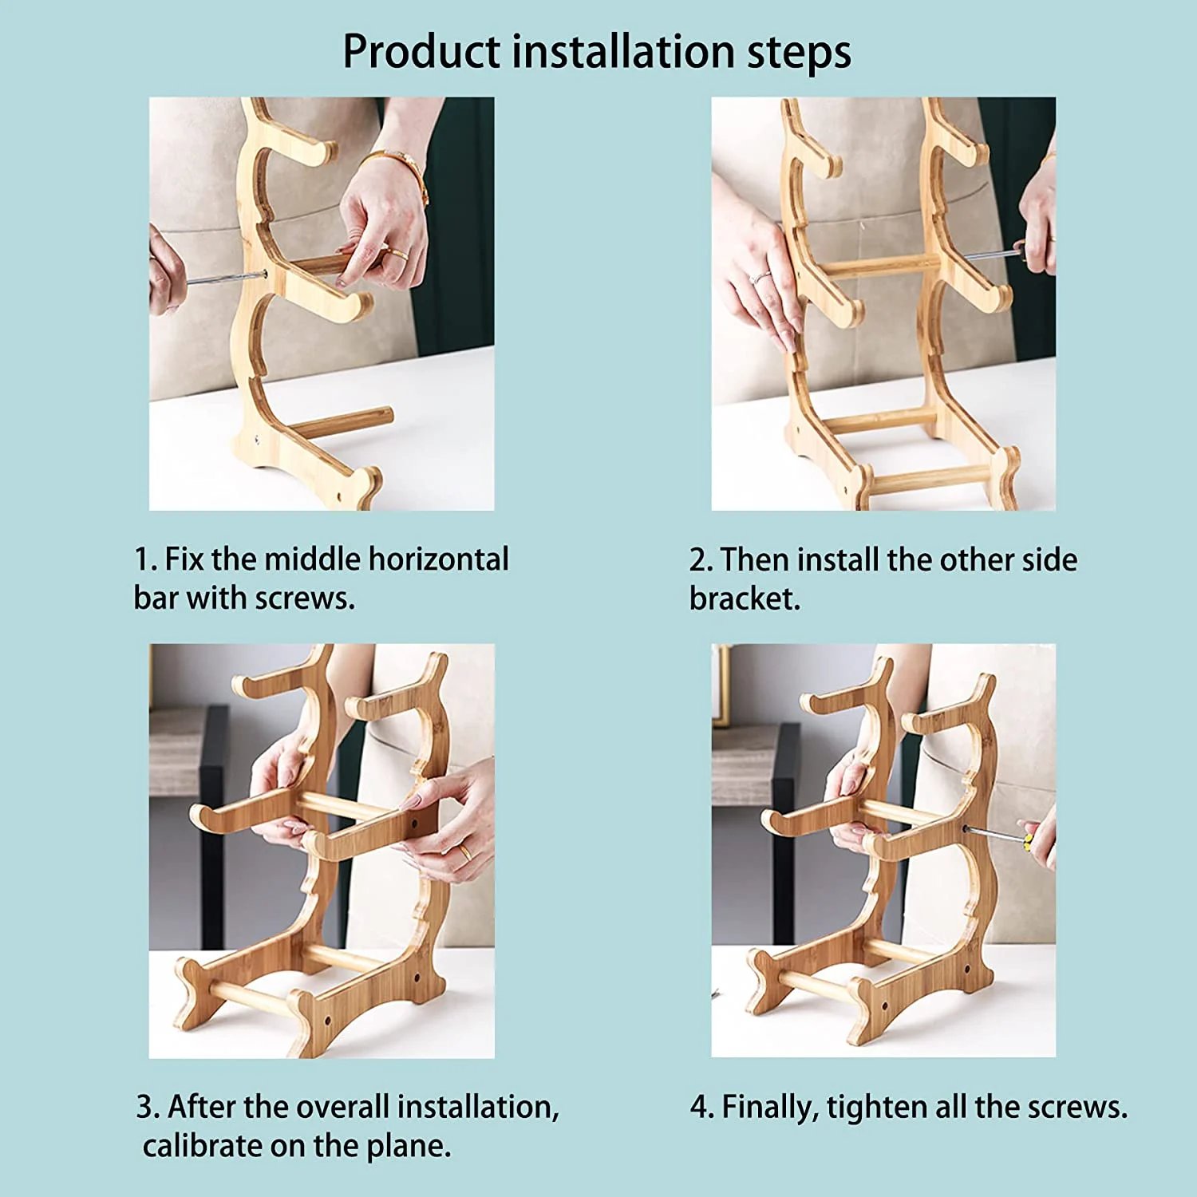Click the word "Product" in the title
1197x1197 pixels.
tap(421, 53)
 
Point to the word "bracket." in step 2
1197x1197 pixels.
tap(745, 598)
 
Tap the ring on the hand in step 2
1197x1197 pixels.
tap(760, 277)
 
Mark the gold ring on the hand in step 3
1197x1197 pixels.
tap(464, 853)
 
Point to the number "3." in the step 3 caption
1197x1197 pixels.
tap(148, 1108)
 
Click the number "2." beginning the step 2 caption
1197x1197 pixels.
tap(701, 560)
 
